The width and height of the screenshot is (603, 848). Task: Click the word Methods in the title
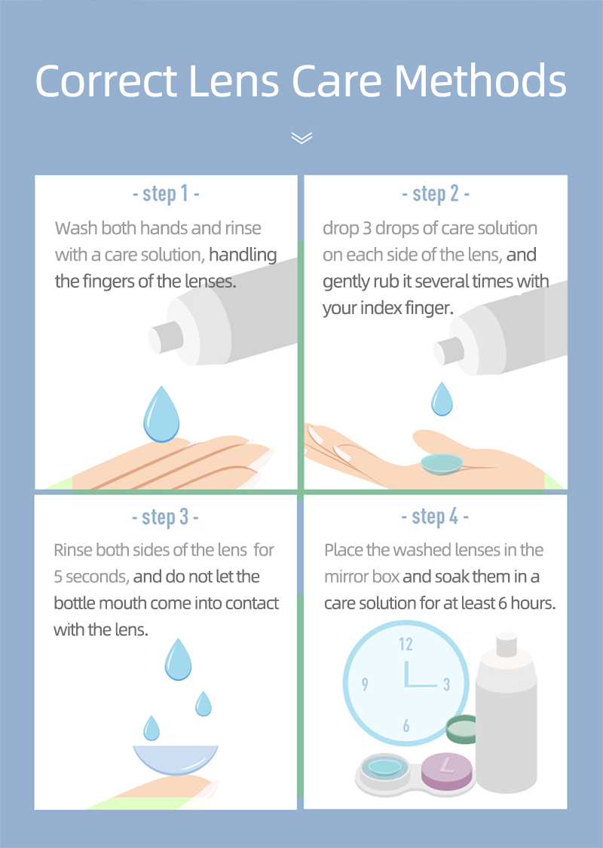click(x=481, y=81)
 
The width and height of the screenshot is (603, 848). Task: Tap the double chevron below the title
click(x=301, y=137)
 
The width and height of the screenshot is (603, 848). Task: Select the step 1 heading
click(x=165, y=194)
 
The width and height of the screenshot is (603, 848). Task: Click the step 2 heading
click(x=435, y=194)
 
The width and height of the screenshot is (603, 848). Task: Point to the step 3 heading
click(x=165, y=517)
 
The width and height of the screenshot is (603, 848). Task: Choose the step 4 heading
click(x=435, y=517)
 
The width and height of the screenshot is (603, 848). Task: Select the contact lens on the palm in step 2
click(x=444, y=462)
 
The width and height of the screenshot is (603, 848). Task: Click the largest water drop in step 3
click(x=179, y=660)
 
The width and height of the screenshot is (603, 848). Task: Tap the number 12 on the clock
click(x=406, y=644)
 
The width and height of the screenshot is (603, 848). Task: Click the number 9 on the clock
click(x=365, y=685)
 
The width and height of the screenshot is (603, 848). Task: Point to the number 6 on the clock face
click(x=406, y=726)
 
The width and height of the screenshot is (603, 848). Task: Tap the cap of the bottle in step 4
click(x=506, y=644)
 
